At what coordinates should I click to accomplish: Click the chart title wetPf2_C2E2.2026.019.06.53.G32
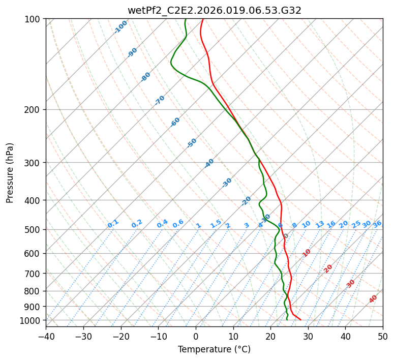click(x=214, y=10)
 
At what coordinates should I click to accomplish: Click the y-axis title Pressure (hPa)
click(x=10, y=173)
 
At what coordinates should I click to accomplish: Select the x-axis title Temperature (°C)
click(x=214, y=350)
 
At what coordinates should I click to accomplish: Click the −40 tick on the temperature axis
click(x=46, y=336)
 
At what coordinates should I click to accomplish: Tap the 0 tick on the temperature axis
click(x=196, y=336)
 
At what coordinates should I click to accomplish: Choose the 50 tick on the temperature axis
click(x=383, y=336)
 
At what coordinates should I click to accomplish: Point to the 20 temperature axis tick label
click(x=270, y=336)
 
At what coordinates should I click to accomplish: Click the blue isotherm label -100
click(x=121, y=27)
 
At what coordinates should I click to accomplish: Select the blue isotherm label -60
click(x=175, y=122)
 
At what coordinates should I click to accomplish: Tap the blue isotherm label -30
click(x=227, y=182)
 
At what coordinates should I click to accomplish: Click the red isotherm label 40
click(x=373, y=299)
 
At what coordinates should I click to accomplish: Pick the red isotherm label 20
click(x=328, y=268)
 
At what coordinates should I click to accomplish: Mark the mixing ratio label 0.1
click(x=113, y=223)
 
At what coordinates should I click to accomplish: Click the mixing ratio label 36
click(x=377, y=224)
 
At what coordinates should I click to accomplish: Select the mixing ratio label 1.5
click(x=216, y=224)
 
